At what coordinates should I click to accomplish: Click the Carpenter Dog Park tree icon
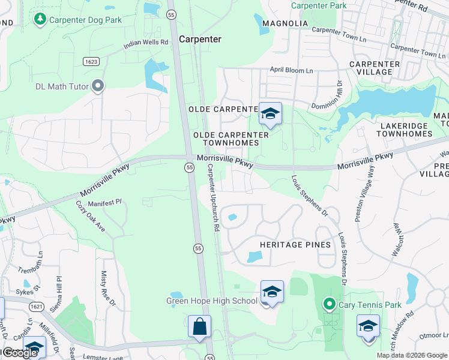pyautogui.click(x=40, y=19)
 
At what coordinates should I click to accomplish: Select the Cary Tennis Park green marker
pyautogui.click(x=328, y=305)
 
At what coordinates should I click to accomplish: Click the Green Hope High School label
pyautogui.click(x=211, y=301)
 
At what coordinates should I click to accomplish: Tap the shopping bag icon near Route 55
pyautogui.click(x=199, y=327)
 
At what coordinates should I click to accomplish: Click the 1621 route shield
pyautogui.click(x=37, y=307)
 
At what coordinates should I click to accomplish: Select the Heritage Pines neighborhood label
pyautogui.click(x=295, y=245)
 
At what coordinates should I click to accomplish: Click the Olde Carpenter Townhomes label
pyautogui.click(x=226, y=139)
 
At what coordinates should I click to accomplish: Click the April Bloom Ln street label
pyautogui.click(x=291, y=70)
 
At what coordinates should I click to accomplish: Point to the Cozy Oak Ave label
pyautogui.click(x=91, y=217)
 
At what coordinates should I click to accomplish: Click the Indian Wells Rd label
pyautogui.click(x=146, y=43)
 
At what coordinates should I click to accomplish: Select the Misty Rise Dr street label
pyautogui.click(x=107, y=289)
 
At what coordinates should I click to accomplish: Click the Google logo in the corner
pyautogui.click(x=19, y=353)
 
